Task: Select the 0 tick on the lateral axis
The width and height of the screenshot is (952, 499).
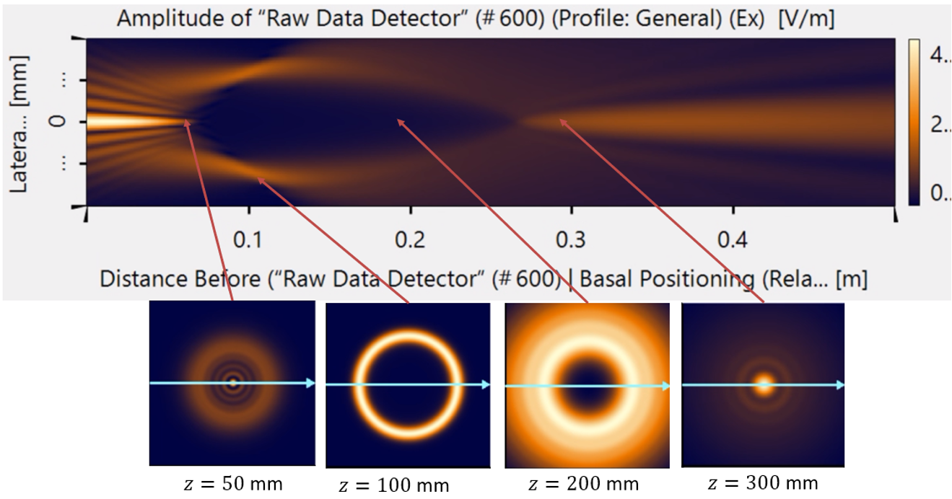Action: click(x=63, y=121)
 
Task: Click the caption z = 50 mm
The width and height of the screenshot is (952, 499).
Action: click(x=232, y=483)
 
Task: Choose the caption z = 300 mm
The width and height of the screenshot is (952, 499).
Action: click(x=764, y=482)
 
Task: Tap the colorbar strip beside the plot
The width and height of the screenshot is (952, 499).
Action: click(x=914, y=122)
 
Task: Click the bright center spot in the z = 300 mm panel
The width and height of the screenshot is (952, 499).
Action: click(x=764, y=384)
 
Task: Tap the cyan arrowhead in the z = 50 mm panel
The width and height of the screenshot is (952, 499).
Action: click(x=310, y=384)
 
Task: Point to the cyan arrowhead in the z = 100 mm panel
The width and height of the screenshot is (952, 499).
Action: click(x=486, y=385)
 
